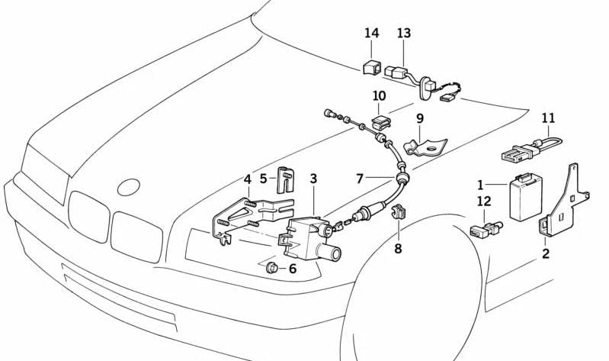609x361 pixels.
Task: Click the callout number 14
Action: (371, 33)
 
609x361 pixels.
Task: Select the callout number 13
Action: (403, 33)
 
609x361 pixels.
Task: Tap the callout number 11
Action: (549, 118)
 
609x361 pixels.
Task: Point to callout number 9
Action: (419, 118)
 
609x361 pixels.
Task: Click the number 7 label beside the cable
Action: (360, 179)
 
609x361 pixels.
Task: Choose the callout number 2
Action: (546, 253)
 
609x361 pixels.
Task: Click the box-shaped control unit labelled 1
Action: (524, 198)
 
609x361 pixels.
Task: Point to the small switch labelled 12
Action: (483, 227)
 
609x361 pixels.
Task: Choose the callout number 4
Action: (247, 179)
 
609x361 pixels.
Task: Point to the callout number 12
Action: (485, 201)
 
